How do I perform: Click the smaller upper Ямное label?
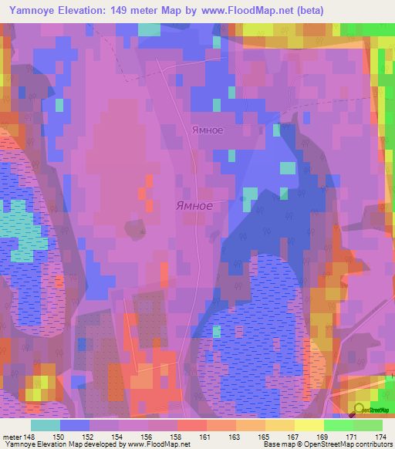coord(208,130)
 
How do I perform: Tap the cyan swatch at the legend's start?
coord(45,425)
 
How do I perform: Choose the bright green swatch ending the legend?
coord(368,425)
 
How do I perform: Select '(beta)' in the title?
coord(307,10)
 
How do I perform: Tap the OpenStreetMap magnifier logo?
coord(360,409)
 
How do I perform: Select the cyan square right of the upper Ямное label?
coord(287,168)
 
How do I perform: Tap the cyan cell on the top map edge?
coord(149,29)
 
